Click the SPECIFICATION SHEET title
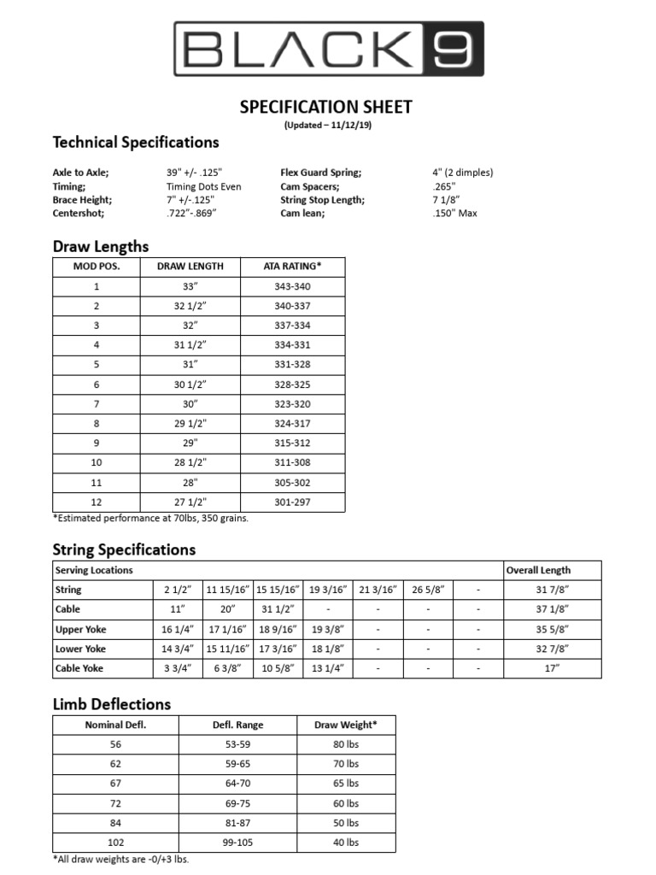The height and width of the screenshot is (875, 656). point(325,107)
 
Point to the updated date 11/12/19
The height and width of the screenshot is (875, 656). point(347,125)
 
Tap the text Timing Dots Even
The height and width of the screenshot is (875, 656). point(203,186)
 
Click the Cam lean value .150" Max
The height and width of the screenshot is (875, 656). point(454,214)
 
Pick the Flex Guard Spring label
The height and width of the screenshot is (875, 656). point(320,173)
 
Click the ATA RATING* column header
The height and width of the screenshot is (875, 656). point(292,266)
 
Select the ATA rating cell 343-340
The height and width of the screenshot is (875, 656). point(292,286)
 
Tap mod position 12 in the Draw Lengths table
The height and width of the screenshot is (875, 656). point(97,502)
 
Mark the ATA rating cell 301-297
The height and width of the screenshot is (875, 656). point(292,502)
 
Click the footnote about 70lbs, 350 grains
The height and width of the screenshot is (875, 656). point(150,518)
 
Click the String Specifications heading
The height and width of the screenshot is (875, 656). point(124,549)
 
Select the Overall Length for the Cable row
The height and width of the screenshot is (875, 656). point(551,609)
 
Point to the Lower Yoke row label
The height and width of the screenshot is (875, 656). point(80,649)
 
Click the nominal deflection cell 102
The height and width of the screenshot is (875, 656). point(116,842)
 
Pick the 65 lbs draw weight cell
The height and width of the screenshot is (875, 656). point(346,783)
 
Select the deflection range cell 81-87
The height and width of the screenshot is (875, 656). point(237,822)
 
